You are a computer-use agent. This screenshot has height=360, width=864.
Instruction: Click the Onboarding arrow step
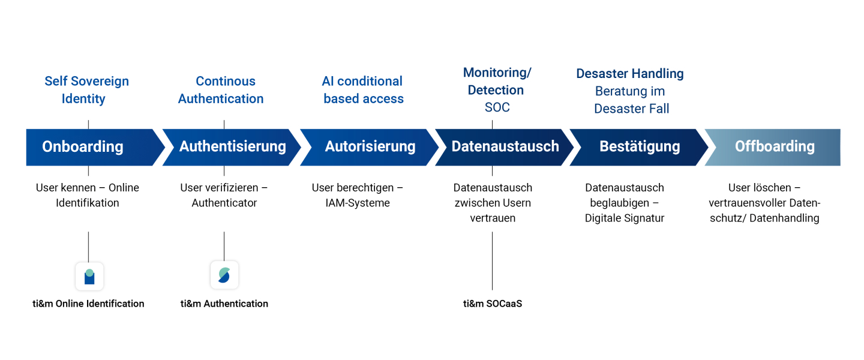92,148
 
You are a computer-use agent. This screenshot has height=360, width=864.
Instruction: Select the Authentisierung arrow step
232,148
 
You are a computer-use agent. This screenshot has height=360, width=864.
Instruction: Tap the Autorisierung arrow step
369,148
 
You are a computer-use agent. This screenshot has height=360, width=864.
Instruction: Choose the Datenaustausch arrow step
504,148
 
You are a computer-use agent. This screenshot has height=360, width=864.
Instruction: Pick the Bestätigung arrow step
639,148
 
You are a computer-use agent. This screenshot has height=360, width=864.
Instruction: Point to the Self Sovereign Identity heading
86,90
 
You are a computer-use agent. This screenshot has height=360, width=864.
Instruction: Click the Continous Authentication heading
221,90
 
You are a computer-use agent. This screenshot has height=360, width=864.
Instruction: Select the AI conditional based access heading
362,90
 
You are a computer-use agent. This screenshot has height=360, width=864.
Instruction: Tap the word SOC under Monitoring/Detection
497,107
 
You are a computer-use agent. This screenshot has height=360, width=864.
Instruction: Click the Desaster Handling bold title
630,73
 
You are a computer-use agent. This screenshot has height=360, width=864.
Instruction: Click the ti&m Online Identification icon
89,276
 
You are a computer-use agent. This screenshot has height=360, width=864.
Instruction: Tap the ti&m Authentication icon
224,275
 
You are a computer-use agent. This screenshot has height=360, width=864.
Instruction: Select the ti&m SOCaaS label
493,304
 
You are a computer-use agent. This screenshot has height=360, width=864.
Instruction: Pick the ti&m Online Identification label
88,304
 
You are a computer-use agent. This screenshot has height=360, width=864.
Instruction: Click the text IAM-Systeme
358,203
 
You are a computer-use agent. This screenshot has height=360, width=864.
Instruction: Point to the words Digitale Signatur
625,218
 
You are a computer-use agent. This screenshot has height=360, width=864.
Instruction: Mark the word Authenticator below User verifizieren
224,203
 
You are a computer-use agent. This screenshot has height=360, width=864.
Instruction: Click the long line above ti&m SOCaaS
492,261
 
